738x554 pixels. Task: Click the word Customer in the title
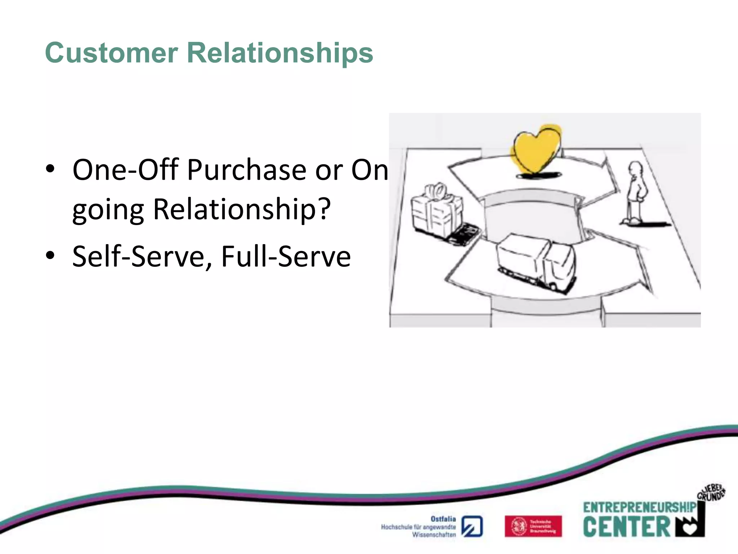(111, 53)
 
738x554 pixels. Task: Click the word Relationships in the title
(280, 53)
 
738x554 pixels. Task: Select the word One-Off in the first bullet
(125, 170)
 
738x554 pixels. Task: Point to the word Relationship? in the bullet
(241, 209)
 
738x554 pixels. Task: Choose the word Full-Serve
(286, 257)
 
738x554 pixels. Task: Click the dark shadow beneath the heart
(539, 175)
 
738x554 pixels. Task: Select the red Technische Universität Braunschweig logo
(533, 526)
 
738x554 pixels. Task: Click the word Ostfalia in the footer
(443, 519)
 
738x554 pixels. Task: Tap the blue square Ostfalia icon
(472, 527)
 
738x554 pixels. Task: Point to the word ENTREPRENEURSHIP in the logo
(639, 507)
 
